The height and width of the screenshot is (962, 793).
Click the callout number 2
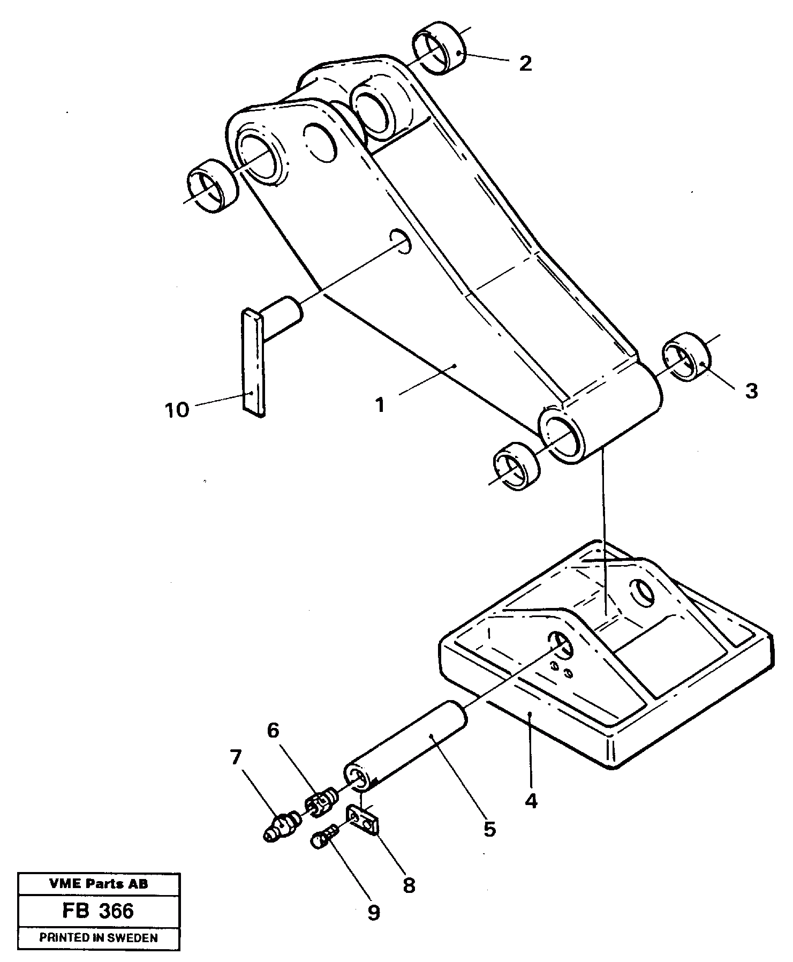point(525,64)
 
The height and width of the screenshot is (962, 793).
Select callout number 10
point(177,410)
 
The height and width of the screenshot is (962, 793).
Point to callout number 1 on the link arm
point(380,405)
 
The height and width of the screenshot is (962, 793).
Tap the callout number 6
point(273,730)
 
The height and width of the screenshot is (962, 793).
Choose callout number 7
point(236,758)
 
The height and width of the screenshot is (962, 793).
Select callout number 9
point(373,913)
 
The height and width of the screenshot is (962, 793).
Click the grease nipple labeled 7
point(282,826)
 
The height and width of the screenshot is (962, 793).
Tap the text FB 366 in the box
point(99,911)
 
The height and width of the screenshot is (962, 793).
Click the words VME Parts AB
point(99,884)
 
